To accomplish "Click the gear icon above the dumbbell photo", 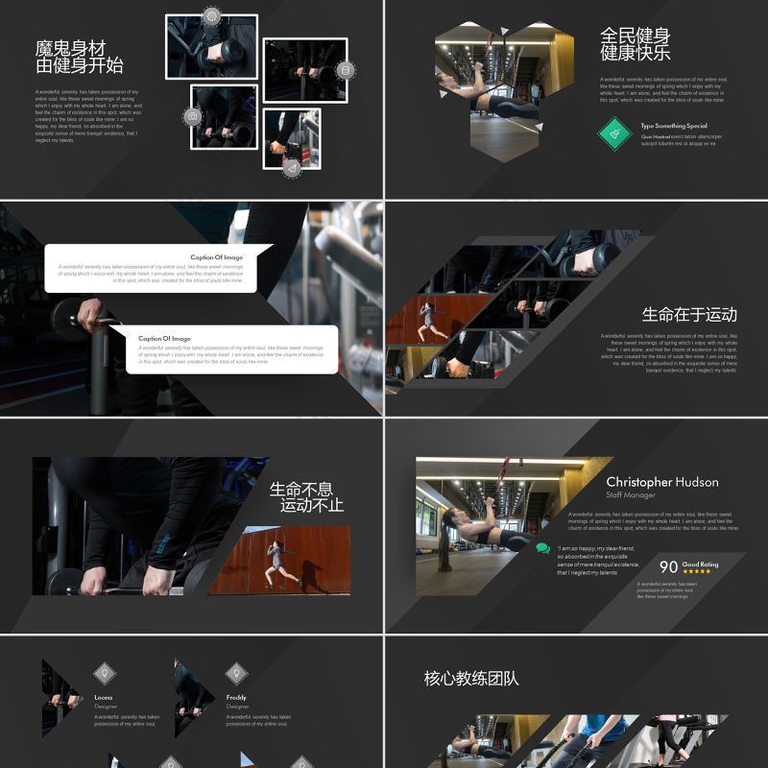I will (x=211, y=16).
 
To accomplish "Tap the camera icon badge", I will (x=193, y=116).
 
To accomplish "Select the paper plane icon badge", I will (x=292, y=168).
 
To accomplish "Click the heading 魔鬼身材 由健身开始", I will (x=80, y=57).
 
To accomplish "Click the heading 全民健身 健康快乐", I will (x=636, y=44).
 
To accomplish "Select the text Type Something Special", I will (x=674, y=126).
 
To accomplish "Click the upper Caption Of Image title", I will (x=216, y=257).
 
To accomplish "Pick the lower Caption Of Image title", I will (x=164, y=338).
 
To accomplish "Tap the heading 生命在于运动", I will (x=689, y=315).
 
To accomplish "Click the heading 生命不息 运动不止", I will (x=306, y=496).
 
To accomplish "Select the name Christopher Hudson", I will (x=662, y=482).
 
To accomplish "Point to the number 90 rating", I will (x=668, y=567).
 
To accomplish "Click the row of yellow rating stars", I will (x=697, y=572).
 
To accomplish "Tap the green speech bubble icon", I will (x=543, y=549).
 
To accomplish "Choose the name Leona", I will (x=104, y=697).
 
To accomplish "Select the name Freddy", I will (x=236, y=697).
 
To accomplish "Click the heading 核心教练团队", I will (x=471, y=679).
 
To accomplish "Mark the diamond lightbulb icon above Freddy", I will (x=236, y=673).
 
